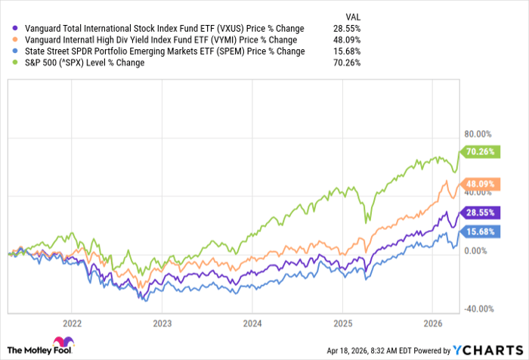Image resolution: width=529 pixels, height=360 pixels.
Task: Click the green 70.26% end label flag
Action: point(481,151)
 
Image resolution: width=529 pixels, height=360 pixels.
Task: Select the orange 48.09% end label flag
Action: point(481,183)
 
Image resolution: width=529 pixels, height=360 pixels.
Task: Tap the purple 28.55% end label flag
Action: point(481,213)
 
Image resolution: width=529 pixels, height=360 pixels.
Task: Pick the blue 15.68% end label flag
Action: point(481,231)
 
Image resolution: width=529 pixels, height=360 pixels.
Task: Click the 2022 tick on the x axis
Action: point(72,321)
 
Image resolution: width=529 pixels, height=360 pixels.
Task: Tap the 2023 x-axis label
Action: point(162,321)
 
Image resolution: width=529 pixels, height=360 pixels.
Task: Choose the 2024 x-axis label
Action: point(252,321)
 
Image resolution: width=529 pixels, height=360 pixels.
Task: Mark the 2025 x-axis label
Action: point(342,321)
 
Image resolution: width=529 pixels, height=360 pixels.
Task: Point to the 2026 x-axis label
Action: point(432,321)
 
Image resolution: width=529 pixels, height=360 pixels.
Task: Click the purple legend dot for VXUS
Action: point(11,29)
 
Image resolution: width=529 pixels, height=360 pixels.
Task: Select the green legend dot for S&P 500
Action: point(11,63)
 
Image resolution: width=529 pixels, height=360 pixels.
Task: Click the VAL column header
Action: point(351,15)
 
